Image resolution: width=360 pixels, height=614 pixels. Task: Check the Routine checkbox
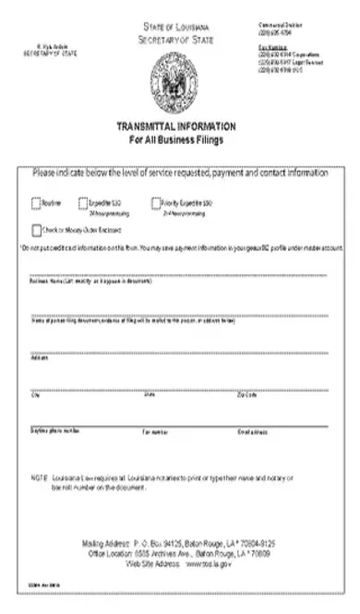point(36,203)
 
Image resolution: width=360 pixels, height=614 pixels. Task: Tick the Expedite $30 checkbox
point(83,203)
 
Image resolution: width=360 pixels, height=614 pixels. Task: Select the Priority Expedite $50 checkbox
point(154,203)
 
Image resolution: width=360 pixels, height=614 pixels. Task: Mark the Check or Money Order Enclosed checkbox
point(36,231)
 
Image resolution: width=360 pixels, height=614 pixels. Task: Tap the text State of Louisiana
point(176,30)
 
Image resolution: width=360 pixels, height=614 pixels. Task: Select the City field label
point(36,396)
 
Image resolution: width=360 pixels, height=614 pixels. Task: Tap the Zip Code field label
point(246,396)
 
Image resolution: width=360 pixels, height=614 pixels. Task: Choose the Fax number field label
point(154,430)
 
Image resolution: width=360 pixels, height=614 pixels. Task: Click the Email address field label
point(253,430)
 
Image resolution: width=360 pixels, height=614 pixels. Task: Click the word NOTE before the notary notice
point(38,476)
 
